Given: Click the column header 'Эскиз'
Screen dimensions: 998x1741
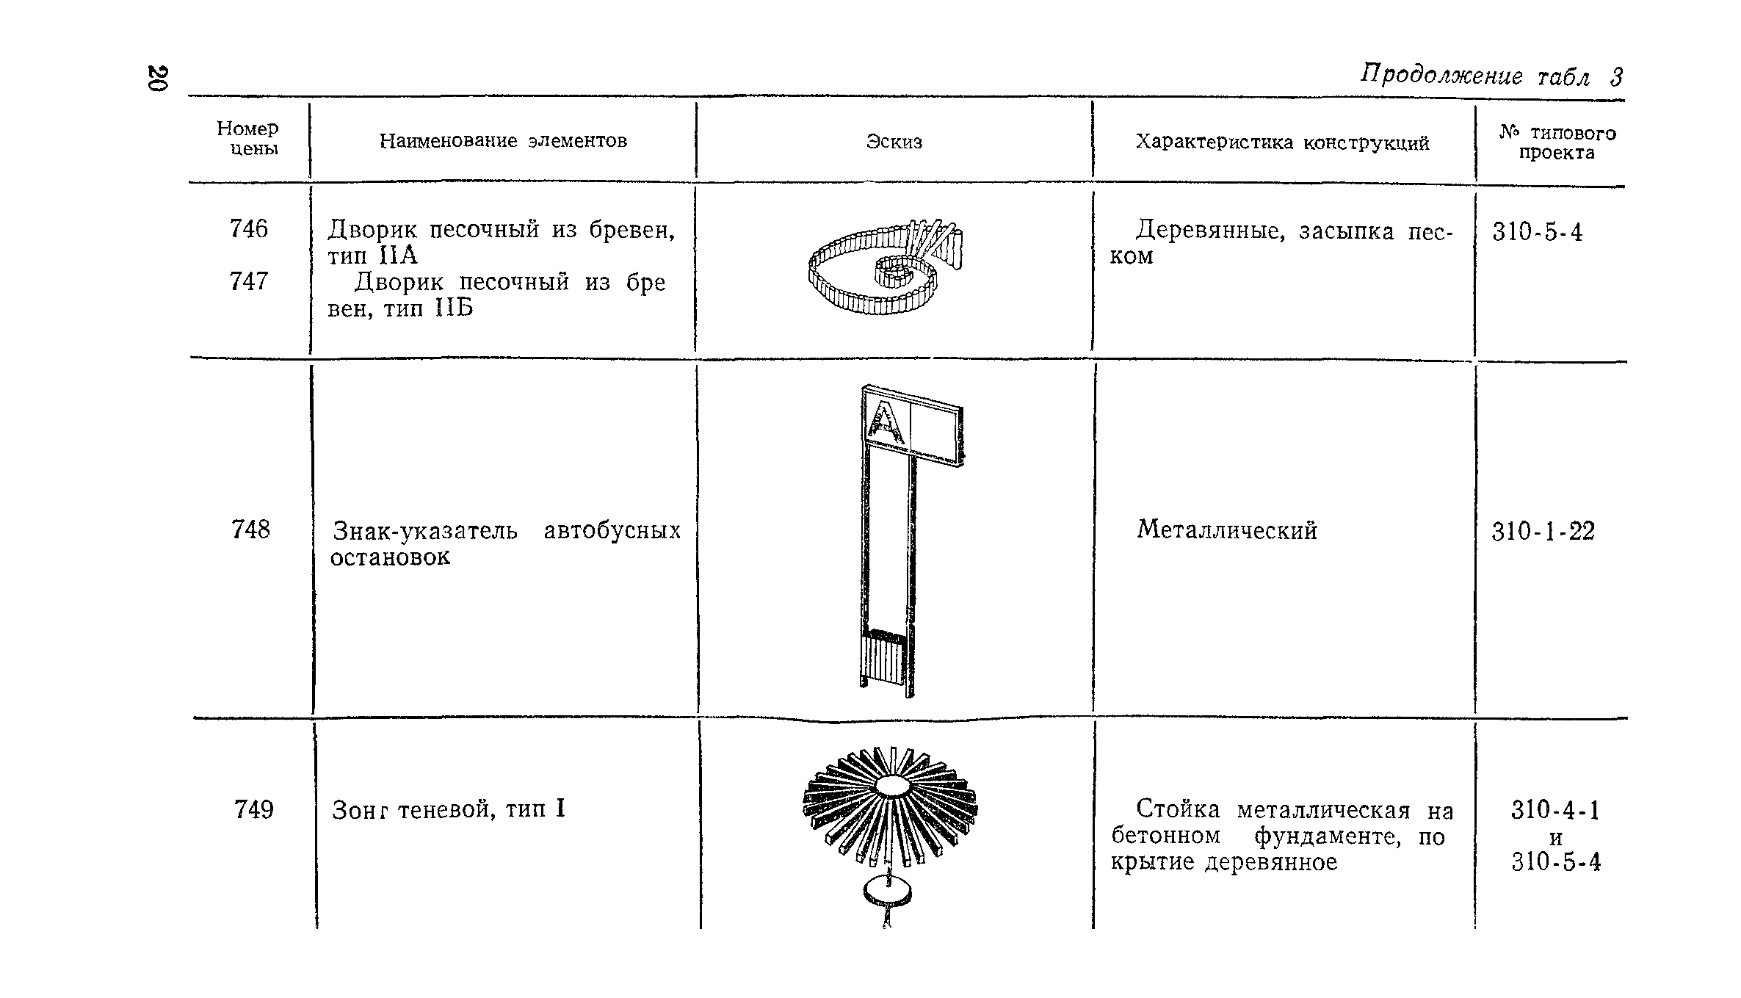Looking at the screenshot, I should coord(894,142).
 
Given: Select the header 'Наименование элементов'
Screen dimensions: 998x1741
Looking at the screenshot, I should coord(503,140).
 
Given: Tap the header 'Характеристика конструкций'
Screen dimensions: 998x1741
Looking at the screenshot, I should coord(1282,142).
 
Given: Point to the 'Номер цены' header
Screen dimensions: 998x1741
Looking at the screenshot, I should coord(247,139).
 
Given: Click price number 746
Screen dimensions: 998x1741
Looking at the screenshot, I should coord(248,229).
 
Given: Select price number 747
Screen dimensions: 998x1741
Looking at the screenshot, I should coord(248,281).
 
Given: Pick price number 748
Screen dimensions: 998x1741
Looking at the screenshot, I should coord(250,529).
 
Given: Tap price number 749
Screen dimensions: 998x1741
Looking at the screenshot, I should coord(253,810).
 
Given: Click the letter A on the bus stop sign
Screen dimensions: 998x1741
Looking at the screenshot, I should coord(886,424).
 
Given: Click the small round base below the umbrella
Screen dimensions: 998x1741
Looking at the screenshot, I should coord(888,892).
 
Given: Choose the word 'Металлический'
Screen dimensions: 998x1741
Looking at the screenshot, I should coord(1227,530).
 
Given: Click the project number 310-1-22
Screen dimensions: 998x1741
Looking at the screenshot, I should coord(1543,532).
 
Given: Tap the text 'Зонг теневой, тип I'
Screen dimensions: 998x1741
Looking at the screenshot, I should coord(448,810).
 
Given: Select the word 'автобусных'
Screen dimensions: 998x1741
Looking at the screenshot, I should coord(612,530).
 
